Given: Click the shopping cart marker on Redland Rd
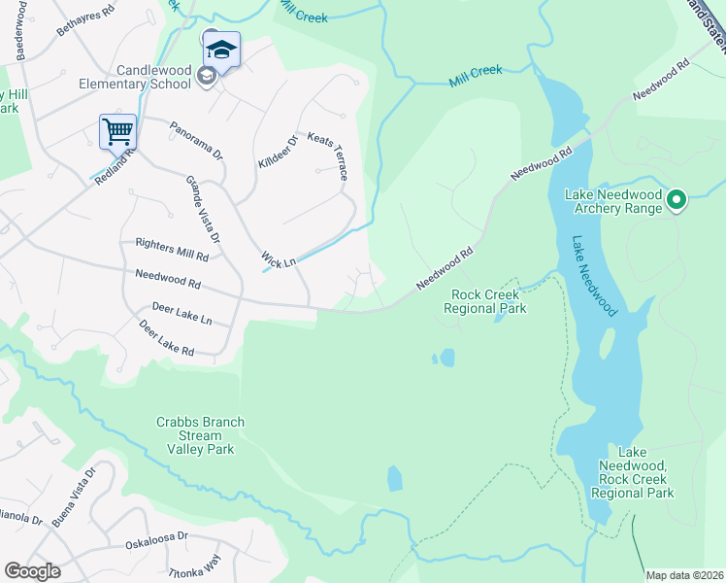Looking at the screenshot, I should coord(117,131).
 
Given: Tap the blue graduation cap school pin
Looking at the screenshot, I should coord(221,50).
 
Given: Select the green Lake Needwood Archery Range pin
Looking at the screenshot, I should coord(676,201).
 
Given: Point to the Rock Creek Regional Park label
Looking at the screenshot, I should coord(484,301).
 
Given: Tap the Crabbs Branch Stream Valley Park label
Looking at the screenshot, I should coord(200,435).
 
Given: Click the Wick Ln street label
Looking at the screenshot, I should coord(280,259).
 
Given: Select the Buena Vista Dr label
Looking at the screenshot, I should coord(74,497).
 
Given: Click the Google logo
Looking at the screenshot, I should coord(32,571).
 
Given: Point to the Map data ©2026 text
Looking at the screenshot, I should coord(685,574).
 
